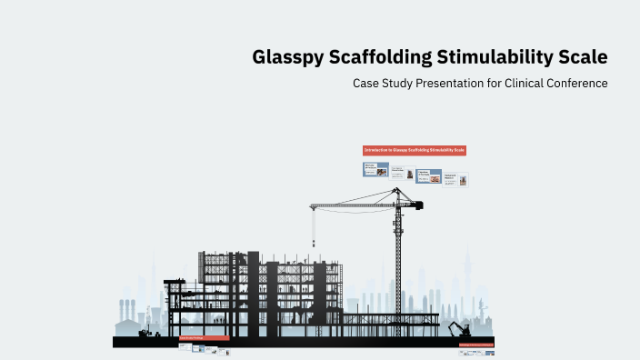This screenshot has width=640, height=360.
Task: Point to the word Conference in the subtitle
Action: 573,83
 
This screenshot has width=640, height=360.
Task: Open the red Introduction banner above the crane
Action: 414,150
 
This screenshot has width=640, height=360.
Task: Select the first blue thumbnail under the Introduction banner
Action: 375,169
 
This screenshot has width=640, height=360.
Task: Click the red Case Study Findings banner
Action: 204,338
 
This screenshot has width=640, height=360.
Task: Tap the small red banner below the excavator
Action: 476,345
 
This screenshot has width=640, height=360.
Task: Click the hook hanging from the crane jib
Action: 315,244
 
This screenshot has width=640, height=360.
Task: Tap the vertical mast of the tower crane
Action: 398,264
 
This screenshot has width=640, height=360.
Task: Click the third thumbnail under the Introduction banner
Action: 429,176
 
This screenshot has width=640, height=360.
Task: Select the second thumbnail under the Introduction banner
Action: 398,173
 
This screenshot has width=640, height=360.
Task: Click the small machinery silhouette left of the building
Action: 145,332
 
